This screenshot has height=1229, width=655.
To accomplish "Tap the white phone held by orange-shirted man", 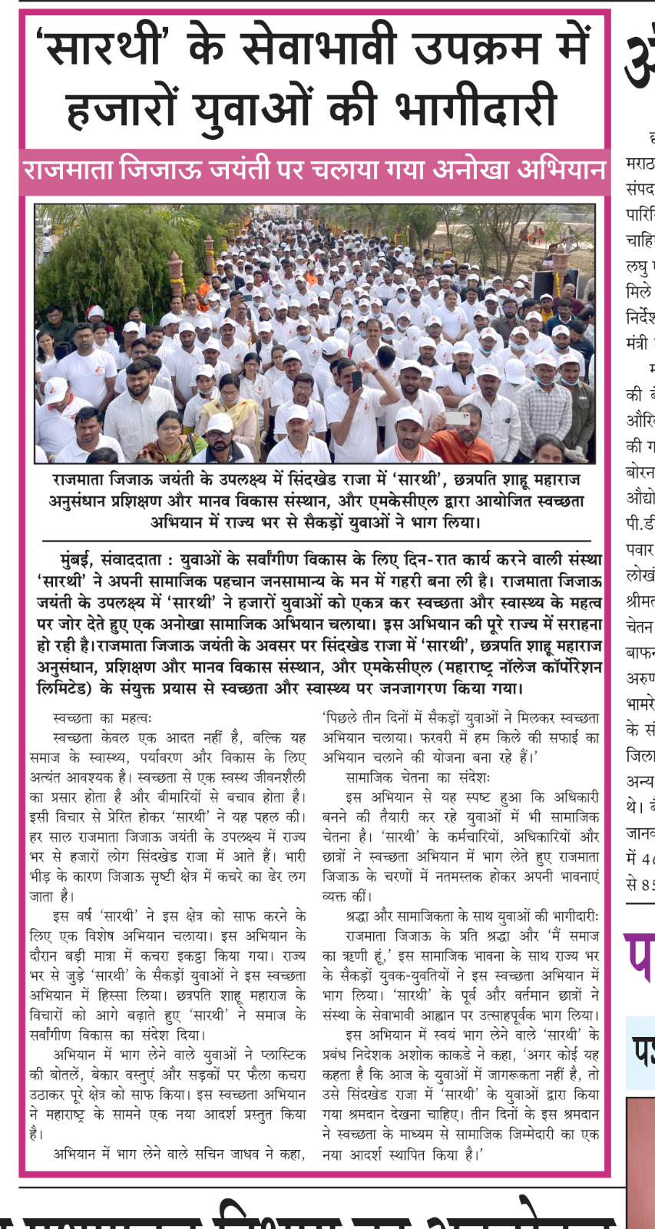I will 457,418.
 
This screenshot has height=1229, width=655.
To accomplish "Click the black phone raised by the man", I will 356,380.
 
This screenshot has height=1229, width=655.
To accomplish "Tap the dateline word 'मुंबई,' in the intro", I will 80,560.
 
